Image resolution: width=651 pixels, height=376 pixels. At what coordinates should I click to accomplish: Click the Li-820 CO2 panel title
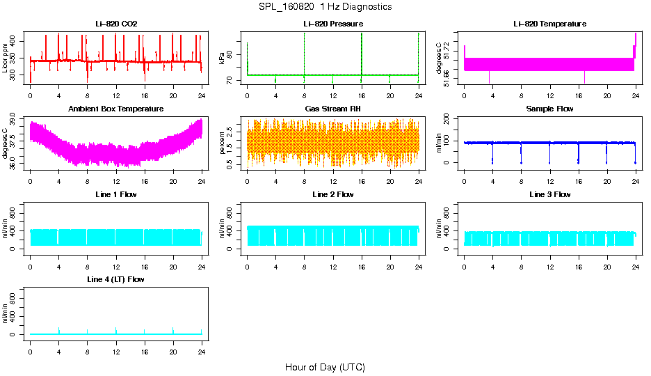coord(116,24)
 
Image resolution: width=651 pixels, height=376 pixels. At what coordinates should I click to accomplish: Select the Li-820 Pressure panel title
coord(333,24)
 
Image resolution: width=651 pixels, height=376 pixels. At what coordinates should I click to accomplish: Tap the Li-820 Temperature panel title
coord(549,24)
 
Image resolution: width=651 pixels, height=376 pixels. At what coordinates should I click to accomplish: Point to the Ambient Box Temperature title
coord(116,109)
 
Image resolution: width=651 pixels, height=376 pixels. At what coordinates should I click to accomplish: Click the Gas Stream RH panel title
coord(333,109)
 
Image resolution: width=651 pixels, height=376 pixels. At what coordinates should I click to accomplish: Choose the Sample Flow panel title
coord(549,109)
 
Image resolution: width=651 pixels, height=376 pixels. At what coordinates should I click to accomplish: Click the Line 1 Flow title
coord(116,194)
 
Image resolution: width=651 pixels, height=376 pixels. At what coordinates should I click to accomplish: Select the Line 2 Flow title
coord(333,194)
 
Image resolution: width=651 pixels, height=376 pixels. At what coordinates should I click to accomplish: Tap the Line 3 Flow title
coord(549,194)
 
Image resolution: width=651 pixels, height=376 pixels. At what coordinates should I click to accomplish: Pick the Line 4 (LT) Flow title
coord(116,279)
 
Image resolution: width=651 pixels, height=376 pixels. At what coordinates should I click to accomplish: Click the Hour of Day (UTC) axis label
coord(325,367)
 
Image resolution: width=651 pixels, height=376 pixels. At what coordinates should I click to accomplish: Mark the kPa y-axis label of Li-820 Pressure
coord(223,58)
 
